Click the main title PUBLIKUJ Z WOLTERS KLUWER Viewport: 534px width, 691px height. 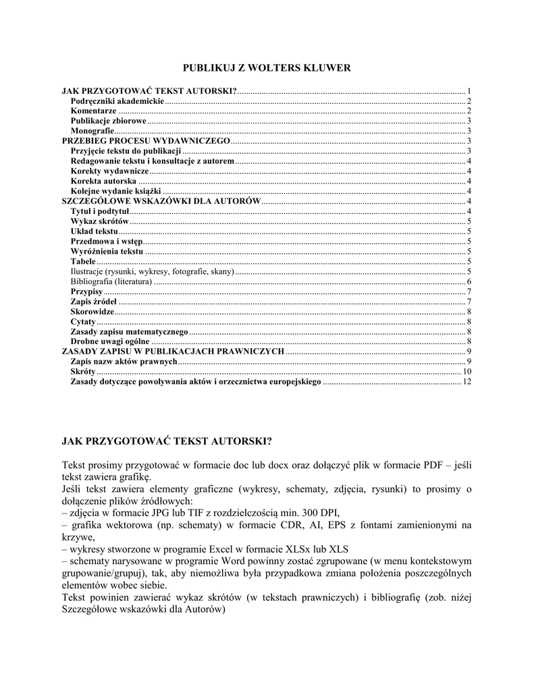coord(268,68)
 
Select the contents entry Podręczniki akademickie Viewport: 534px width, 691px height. coord(117,101)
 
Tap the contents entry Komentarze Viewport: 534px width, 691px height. coord(93,111)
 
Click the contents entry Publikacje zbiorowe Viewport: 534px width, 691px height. coord(108,121)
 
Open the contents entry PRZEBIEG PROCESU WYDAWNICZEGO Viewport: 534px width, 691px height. coord(146,141)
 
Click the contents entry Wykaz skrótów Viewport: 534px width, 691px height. coord(99,221)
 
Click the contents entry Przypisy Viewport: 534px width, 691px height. coord(86,292)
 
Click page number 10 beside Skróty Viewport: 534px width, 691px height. coord(466,372)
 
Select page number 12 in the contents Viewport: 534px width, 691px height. coord(466,383)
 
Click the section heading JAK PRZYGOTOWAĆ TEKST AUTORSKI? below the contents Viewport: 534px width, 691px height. coord(167,441)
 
